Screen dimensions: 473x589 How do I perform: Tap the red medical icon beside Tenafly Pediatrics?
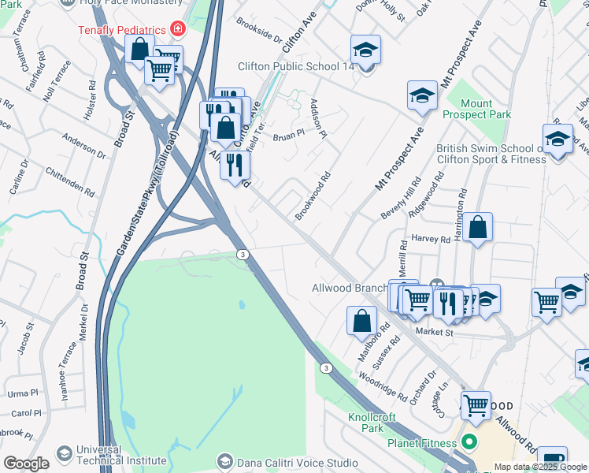[177, 30]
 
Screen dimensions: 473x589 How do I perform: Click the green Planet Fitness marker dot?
[470, 442]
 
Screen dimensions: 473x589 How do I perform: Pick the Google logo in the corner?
[27, 464]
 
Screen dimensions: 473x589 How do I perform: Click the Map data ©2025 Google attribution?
[540, 467]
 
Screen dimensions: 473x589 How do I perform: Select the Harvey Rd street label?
[430, 238]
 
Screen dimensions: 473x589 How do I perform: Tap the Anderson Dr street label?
[85, 146]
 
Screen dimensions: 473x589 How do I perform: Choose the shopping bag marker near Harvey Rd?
[477, 229]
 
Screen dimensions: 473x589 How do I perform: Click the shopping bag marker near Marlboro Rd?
[361, 321]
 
